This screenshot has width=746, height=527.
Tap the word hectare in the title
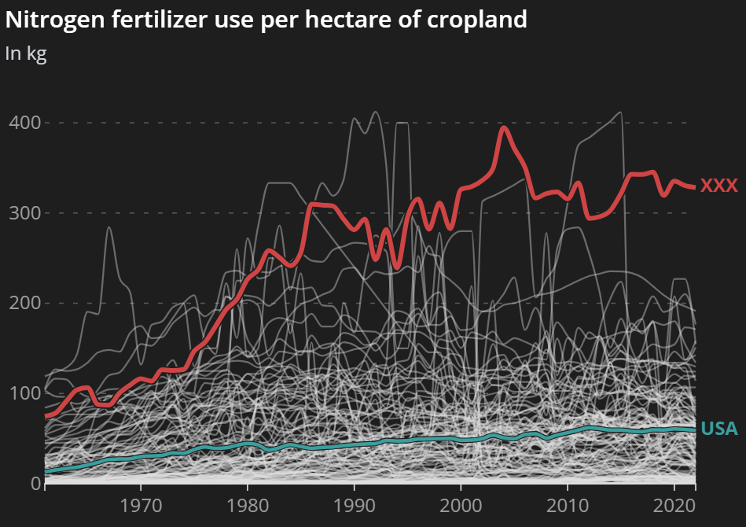coord(358,20)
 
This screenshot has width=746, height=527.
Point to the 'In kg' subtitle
coord(26,53)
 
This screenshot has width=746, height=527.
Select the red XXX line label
coord(719,186)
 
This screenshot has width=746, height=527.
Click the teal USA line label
coord(719,429)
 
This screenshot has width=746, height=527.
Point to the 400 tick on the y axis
coord(24,123)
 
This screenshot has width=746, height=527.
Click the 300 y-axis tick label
coord(24,213)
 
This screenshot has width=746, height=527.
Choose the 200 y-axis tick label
coord(24,304)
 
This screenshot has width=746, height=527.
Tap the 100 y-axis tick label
coord(24,393)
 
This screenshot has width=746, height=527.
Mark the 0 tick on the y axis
coord(35,483)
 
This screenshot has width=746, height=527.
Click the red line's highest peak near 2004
coord(504,127)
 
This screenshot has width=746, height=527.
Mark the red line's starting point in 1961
coord(46,415)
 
